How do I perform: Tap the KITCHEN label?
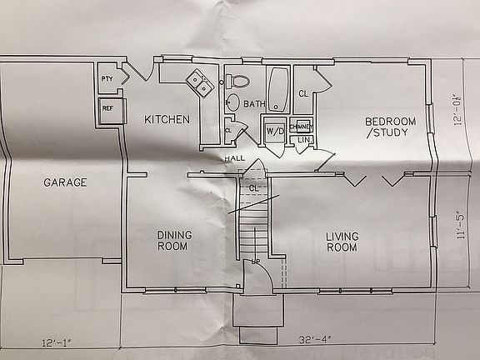(x=167, y=119)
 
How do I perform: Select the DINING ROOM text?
(x=175, y=240)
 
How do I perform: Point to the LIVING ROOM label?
(x=342, y=242)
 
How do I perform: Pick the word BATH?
(x=254, y=104)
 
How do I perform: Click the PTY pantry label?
(x=107, y=79)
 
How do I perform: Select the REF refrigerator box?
(x=107, y=108)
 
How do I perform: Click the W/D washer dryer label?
(x=274, y=132)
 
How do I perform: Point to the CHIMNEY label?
(x=301, y=126)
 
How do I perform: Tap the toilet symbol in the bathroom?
(x=237, y=81)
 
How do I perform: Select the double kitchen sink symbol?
(x=198, y=82)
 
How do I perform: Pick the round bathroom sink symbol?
(x=232, y=103)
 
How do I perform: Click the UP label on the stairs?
(x=257, y=263)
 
